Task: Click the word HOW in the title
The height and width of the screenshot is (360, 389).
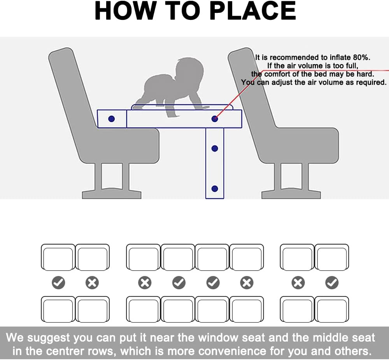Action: pos(125,11)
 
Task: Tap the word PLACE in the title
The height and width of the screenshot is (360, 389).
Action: pos(253,11)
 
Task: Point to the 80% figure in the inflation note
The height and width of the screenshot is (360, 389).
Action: pos(361,58)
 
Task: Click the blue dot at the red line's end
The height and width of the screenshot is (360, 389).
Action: pos(215,119)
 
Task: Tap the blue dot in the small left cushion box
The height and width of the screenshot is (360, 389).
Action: pos(112,119)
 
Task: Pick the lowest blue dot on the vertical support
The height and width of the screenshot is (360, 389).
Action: pos(215,189)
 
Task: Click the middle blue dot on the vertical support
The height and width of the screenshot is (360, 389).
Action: pos(215,148)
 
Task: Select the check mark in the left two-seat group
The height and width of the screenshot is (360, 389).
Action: pos(59,283)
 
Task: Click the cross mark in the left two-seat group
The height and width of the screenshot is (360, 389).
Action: pos(92,283)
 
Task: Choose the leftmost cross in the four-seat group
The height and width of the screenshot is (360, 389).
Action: pos(145,283)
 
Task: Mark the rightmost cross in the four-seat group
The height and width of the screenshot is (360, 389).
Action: pos(247,283)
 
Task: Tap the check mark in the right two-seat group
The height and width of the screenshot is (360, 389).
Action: pos(332,283)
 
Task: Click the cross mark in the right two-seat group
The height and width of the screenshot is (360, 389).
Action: pos(298,283)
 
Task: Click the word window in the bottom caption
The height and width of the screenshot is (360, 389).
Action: pos(218,338)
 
